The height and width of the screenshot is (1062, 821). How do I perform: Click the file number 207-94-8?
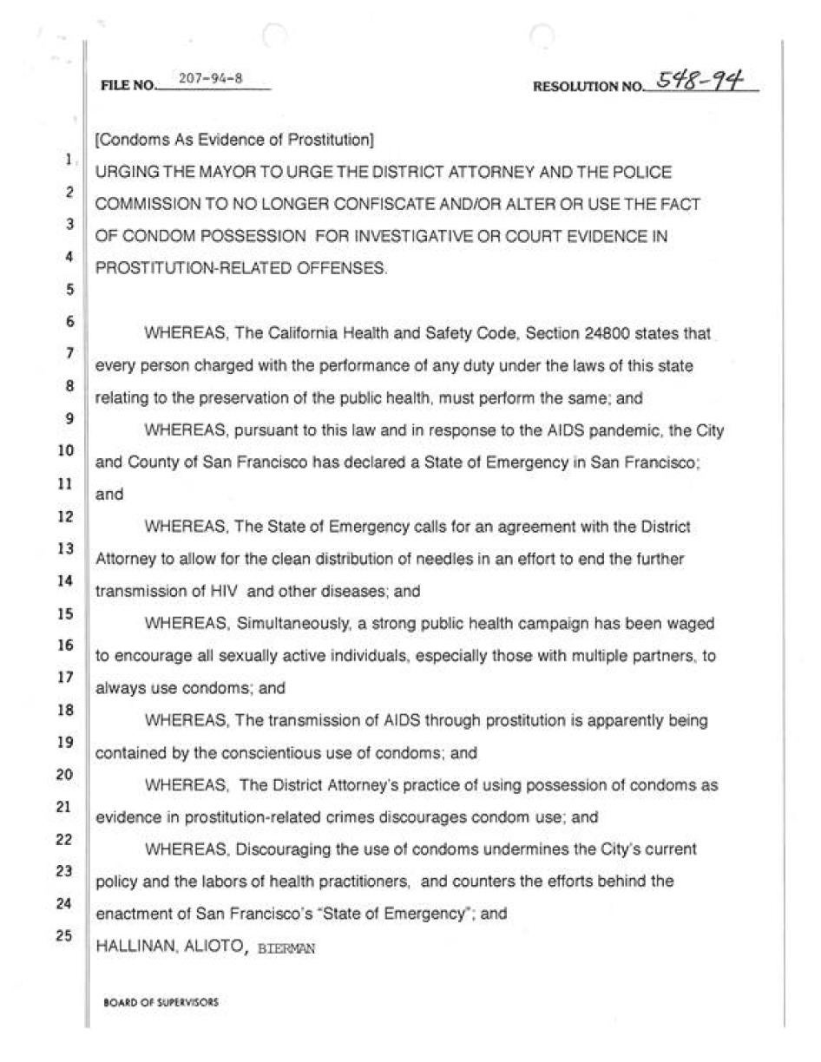tap(210, 79)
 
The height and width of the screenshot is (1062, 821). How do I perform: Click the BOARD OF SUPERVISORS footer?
tap(161, 1001)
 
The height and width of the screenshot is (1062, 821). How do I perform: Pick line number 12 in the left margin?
tap(66, 517)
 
